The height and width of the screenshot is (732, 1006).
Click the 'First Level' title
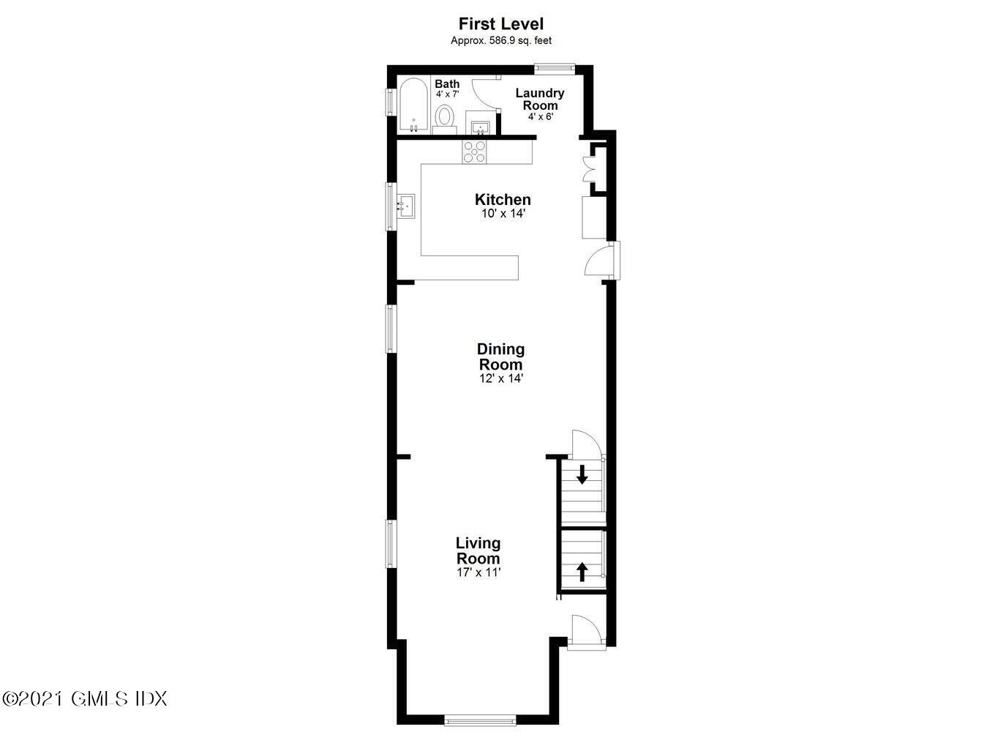pos(501,24)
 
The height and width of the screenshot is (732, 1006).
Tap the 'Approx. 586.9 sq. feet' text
pos(501,41)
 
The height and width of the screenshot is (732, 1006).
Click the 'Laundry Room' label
pos(540,99)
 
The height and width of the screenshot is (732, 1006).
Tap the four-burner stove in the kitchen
pos(474,152)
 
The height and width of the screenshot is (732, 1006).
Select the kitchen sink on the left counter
pos(405,206)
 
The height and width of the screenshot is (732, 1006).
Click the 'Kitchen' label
pos(503,200)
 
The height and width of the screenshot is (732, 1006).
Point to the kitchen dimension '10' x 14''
pos(503,214)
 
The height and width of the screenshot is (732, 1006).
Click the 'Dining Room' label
pos(501,356)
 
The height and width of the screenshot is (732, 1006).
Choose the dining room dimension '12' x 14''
pos(501,378)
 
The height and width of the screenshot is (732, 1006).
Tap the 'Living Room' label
pos(478,550)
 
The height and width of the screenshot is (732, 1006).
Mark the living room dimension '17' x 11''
pos(478,572)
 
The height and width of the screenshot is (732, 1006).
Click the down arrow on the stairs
pos(582,474)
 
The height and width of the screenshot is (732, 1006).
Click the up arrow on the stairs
pos(582,571)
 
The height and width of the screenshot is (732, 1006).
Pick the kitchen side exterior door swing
pos(598,261)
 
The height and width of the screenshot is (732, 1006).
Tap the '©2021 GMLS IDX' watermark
pos(85,698)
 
